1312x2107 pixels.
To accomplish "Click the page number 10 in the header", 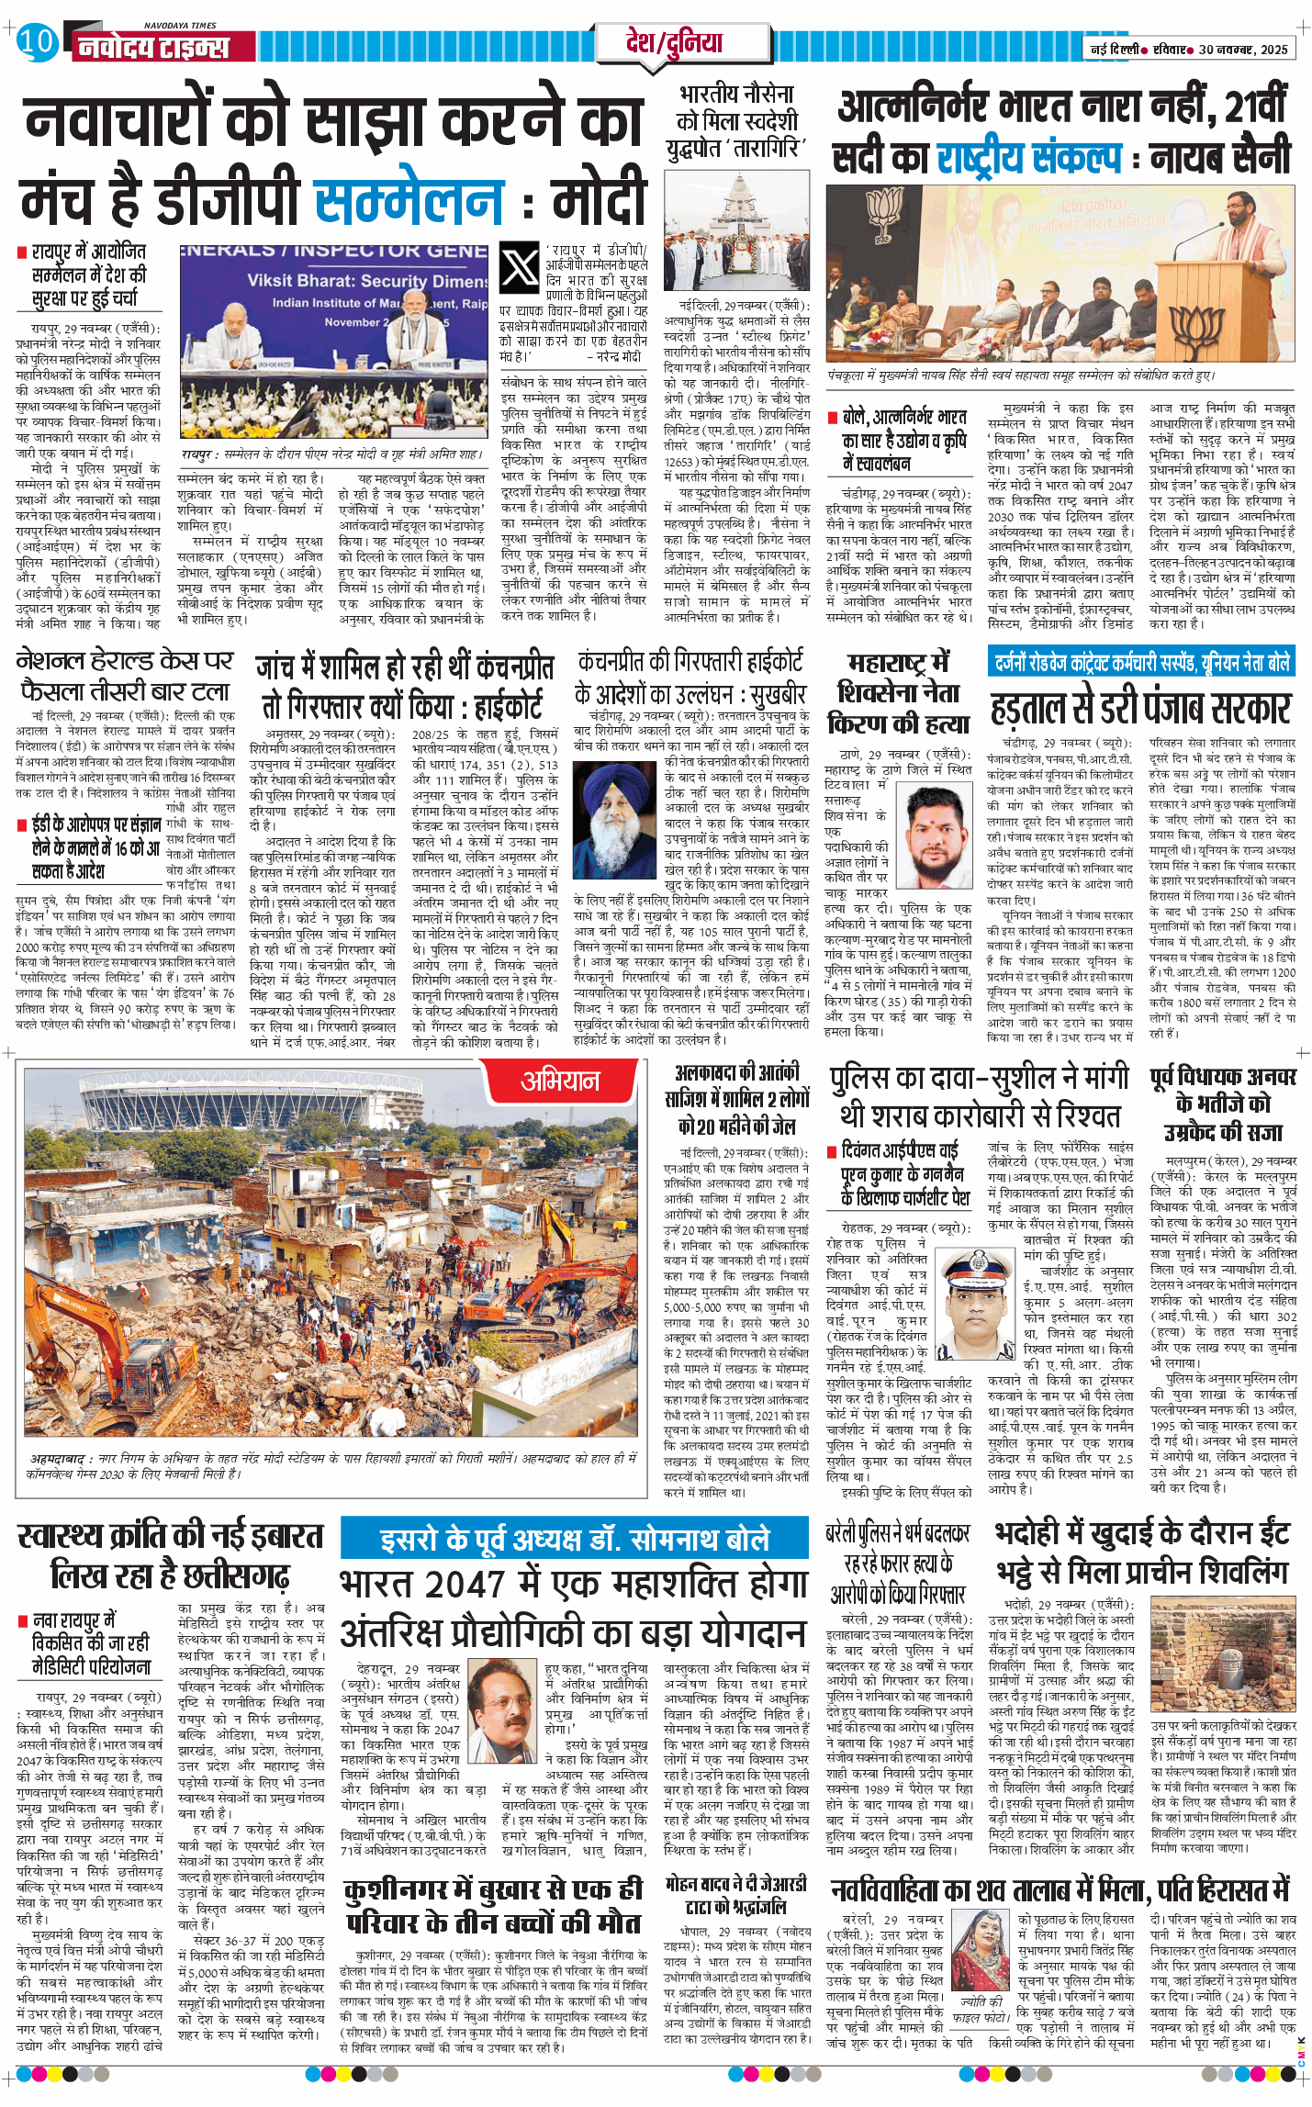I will tap(37, 41).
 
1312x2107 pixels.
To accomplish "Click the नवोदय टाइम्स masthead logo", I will tap(152, 46).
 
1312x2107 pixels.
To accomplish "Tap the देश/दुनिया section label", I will tap(673, 43).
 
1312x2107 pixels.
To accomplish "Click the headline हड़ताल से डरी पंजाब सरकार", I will tap(1140, 709).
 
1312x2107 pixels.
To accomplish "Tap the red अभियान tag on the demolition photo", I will tap(560, 1082).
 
